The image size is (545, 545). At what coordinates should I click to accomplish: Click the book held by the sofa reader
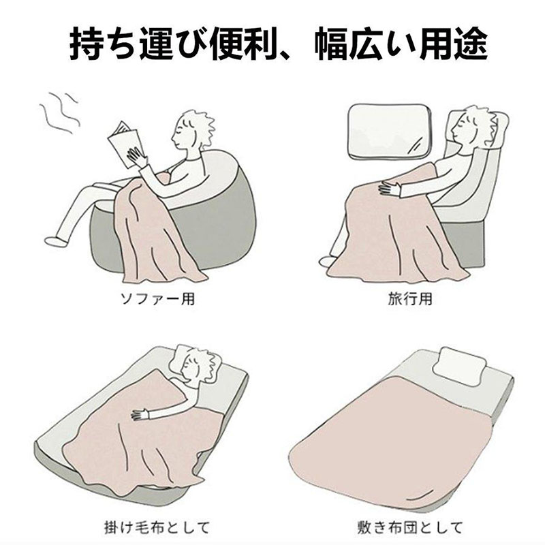pos(123,144)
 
